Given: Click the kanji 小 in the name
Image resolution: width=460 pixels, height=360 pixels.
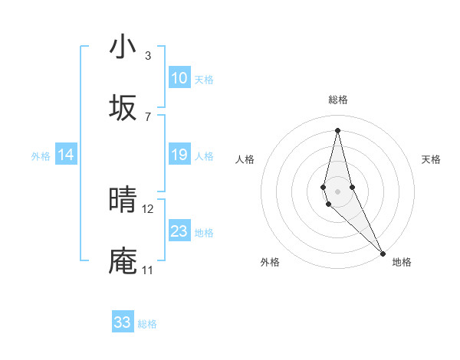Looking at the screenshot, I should pos(123,47).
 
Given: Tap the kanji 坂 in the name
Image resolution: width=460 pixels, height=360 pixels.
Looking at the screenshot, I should pos(123,108).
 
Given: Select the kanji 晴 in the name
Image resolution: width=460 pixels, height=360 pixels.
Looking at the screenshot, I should pos(123,201).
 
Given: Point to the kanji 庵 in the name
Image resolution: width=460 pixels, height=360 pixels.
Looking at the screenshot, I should pos(123,261).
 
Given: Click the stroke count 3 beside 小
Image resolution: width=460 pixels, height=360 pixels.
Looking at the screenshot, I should pos(148,56).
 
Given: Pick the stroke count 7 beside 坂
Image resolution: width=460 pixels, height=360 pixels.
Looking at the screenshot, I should pos(148,116).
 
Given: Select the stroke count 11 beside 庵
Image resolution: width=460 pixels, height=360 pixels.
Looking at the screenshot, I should pos(147,270).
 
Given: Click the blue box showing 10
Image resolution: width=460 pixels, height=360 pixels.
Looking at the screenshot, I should pos(179,78).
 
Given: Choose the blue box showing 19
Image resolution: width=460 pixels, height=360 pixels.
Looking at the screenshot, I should pos(179,155).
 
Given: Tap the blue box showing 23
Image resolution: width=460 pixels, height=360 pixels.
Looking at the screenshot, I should pos(179,231).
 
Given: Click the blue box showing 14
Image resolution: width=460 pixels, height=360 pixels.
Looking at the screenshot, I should pos(66,155).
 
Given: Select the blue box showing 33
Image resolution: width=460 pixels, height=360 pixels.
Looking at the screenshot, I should pos(123,322).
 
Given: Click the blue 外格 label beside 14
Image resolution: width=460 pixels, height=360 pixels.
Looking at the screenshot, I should pos(41,156).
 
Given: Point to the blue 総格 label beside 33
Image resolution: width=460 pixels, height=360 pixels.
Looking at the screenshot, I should pos(147,324).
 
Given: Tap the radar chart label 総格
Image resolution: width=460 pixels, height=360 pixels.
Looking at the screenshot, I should pos(338,100).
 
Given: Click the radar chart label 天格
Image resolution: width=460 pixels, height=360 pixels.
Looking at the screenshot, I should pos(431,159).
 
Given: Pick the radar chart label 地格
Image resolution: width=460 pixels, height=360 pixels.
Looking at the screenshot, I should pos(402,262).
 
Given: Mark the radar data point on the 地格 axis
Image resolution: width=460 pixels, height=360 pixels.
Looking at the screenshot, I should pos(383,253).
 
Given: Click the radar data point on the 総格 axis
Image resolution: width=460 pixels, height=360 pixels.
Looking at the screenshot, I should pos(337,129).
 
